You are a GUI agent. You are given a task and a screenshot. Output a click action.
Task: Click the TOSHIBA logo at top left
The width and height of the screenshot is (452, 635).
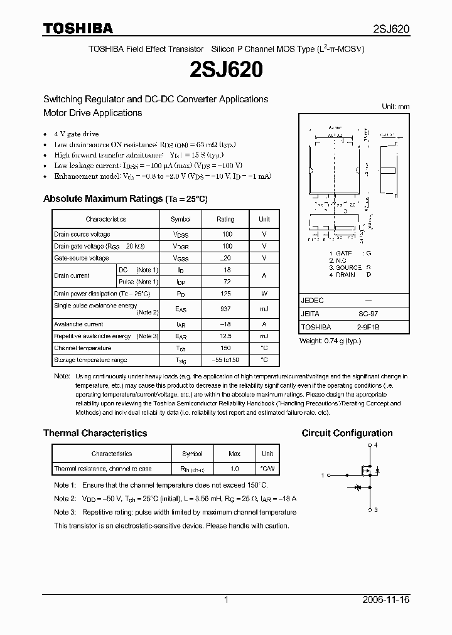pos(78,28)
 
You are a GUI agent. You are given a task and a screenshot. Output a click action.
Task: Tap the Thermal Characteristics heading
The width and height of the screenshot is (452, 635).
pos(95,433)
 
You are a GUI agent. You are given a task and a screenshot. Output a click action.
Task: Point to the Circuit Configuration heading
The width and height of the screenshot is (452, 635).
pos(347,433)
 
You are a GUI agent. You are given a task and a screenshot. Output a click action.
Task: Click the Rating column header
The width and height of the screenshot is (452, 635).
pos(225,219)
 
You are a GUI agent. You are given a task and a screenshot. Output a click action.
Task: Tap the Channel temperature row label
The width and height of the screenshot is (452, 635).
pos(82,348)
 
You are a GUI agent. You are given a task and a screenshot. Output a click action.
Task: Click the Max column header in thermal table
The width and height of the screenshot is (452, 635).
pos(234,454)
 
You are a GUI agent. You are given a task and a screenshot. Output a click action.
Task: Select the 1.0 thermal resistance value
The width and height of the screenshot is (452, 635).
pos(234,469)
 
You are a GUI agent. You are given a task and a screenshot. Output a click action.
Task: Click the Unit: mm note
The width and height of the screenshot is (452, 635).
pos(395,107)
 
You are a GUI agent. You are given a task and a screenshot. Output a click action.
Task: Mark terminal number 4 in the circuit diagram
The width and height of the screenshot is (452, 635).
pos(375,445)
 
